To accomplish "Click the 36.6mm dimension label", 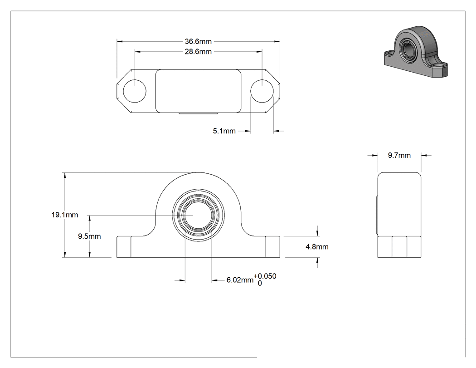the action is [x=198, y=41].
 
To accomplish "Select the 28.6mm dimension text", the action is [x=198, y=52].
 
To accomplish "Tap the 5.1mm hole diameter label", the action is [x=224, y=131].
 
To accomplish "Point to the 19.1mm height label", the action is [x=65, y=215].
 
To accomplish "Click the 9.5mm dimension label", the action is [x=89, y=236].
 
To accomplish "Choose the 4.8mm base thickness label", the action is [x=317, y=247].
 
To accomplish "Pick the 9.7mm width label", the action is [x=399, y=155].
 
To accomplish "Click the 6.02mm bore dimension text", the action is [x=240, y=280].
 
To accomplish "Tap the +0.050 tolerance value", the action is [x=265, y=276].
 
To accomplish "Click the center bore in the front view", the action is [x=198, y=215].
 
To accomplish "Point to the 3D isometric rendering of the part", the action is [x=416, y=51].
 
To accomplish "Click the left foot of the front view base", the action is [x=124, y=247].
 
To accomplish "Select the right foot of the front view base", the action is [x=272, y=247].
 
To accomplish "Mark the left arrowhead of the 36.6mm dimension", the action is [x=120, y=41].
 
